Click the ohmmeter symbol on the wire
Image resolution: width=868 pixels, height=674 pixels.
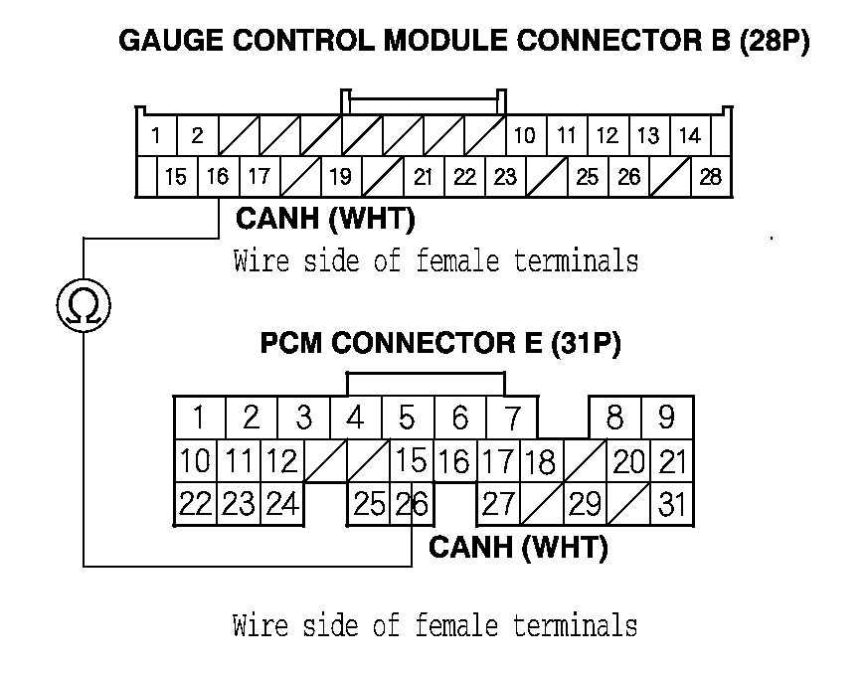coord(84,307)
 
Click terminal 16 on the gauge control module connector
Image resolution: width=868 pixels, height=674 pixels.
coord(217,178)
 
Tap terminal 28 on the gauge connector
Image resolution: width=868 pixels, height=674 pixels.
coord(711,178)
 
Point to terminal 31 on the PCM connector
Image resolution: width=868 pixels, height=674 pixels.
coord(672,505)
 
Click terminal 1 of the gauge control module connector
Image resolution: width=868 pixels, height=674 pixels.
coord(156,136)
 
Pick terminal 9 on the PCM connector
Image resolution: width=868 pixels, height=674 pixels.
coord(666,418)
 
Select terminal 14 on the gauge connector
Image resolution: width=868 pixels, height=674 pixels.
coord(689,136)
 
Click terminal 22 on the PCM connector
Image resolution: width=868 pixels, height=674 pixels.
coord(196,505)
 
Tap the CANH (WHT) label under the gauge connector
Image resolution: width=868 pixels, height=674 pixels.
coord(325,218)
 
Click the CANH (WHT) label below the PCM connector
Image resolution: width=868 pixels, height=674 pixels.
coord(518,547)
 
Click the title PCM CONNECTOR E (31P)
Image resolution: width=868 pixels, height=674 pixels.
coord(440,344)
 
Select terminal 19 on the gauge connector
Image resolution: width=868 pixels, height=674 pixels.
coord(340,178)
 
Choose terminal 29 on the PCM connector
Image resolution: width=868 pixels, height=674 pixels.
coord(585,505)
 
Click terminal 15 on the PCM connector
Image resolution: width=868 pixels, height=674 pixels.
coord(411,461)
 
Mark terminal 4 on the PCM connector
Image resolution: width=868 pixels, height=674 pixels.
coord(355,418)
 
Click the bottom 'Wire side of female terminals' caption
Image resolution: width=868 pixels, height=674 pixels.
coord(434,626)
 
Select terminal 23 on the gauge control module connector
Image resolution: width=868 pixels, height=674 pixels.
coord(505,178)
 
